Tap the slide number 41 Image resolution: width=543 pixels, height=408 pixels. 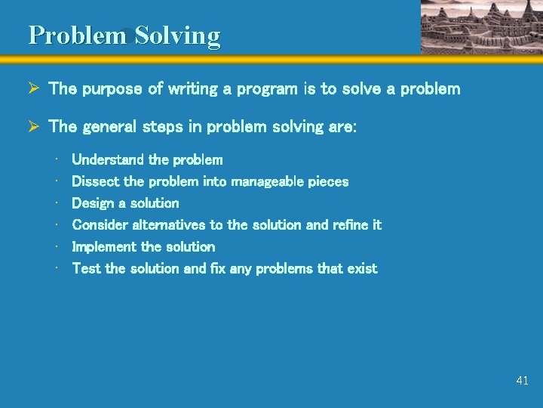(522, 381)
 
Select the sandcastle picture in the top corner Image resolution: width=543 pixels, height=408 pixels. (480, 26)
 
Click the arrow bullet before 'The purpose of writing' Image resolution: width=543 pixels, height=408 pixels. (33, 89)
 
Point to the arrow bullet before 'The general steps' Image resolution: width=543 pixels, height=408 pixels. (33, 127)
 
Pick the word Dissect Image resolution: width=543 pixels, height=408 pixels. (94, 181)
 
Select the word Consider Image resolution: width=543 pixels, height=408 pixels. (100, 225)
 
